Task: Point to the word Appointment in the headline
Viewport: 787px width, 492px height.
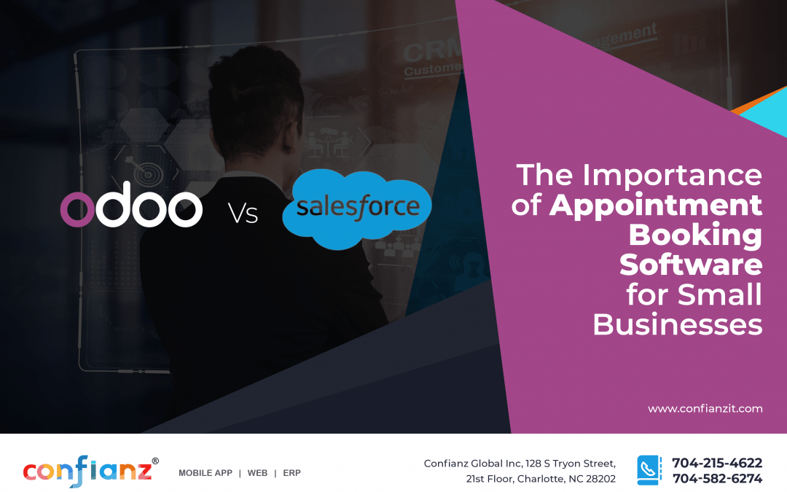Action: pyautogui.click(x=655, y=206)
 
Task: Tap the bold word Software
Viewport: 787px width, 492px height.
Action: pyautogui.click(x=690, y=265)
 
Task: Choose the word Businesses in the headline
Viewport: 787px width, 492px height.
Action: pyautogui.click(x=677, y=324)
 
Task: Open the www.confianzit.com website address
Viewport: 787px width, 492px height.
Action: pyautogui.click(x=705, y=409)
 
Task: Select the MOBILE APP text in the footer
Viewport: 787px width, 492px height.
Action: pyautogui.click(x=205, y=473)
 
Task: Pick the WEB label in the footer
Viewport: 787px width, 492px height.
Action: pyautogui.click(x=257, y=473)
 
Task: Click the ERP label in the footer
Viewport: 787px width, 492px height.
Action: pyautogui.click(x=291, y=473)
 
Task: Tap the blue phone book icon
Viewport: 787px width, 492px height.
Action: pyautogui.click(x=649, y=470)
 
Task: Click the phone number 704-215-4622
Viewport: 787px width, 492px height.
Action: pyautogui.click(x=716, y=463)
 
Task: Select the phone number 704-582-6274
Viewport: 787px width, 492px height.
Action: pyautogui.click(x=716, y=479)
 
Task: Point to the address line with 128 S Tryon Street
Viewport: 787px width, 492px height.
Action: pyautogui.click(x=520, y=464)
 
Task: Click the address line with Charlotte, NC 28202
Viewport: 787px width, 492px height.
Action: pyautogui.click(x=541, y=479)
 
